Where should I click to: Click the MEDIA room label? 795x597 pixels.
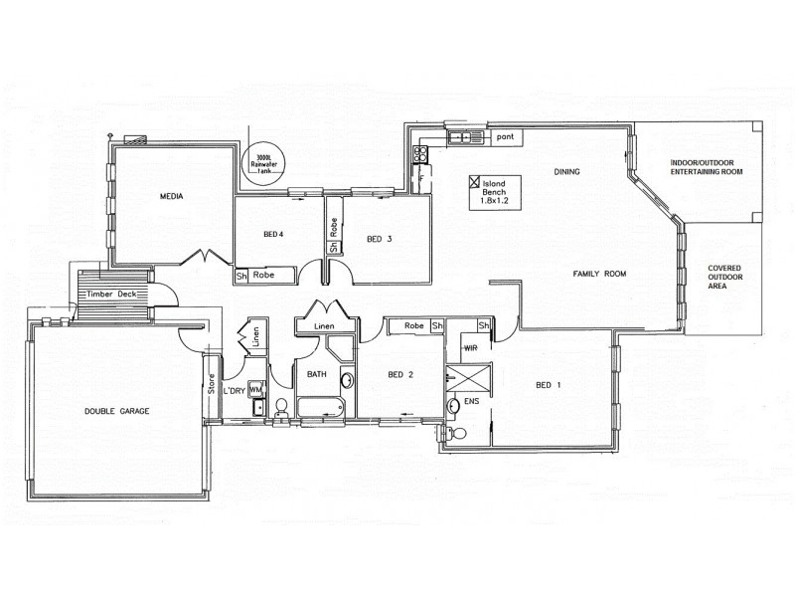[x=174, y=197]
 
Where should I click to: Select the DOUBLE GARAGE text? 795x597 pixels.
[x=116, y=410]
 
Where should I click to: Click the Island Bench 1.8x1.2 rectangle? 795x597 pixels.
[x=494, y=192]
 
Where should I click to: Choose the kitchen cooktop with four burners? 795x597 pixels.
[x=420, y=154]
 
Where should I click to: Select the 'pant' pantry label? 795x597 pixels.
[x=505, y=136]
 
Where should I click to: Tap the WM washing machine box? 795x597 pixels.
[x=254, y=390]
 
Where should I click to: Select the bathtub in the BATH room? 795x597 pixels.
[x=320, y=407]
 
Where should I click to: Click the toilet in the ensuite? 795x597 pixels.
[x=457, y=433]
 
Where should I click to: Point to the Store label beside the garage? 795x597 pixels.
[x=211, y=383]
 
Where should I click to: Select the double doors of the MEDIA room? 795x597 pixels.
[x=206, y=257]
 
